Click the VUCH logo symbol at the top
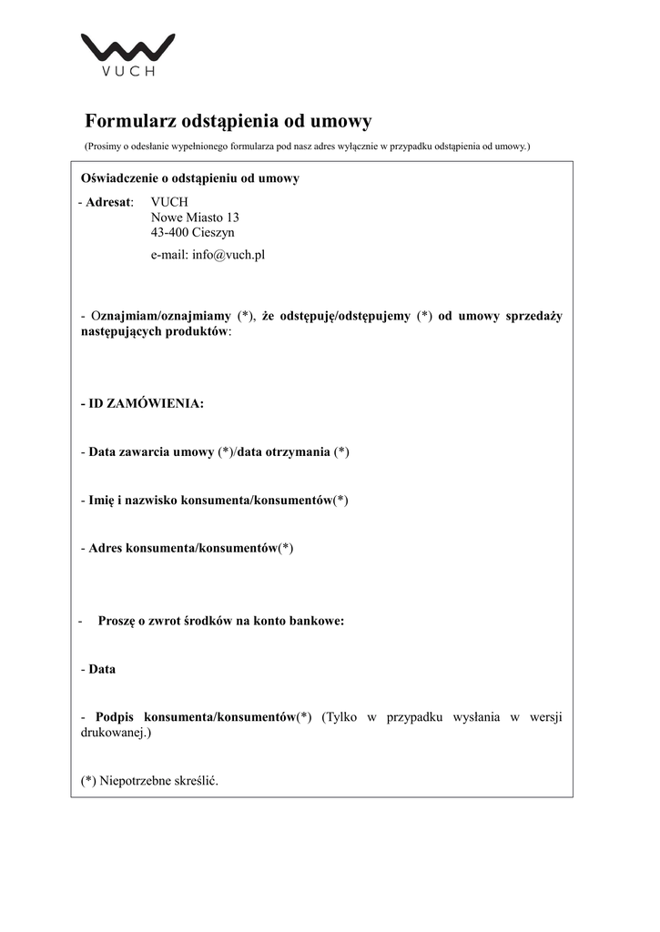(127, 48)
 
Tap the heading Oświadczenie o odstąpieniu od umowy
(190, 178)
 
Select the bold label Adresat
(109, 202)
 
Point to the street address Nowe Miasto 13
(195, 218)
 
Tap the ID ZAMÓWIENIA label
(146, 403)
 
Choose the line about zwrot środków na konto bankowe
(220, 622)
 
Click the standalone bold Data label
(102, 669)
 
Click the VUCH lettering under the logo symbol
(127, 72)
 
